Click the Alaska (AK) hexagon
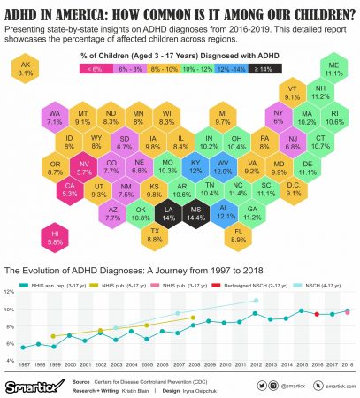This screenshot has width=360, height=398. (x=25, y=72)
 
